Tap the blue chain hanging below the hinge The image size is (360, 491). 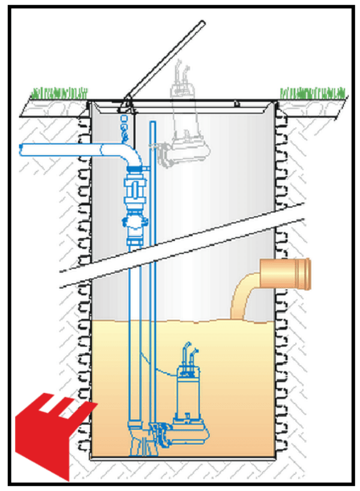click(125, 126)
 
